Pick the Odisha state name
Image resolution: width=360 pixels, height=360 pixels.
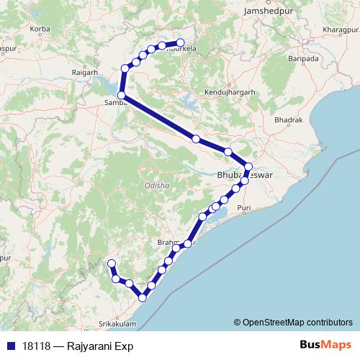(x=156, y=185)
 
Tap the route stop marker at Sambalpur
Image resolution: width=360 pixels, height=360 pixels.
(x=122, y=95)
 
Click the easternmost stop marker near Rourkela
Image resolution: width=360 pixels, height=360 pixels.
(x=180, y=43)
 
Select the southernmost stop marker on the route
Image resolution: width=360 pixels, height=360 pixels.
(x=143, y=297)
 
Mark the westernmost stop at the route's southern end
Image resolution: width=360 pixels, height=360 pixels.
(x=110, y=264)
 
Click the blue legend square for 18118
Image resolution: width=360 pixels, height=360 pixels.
(x=10, y=346)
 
